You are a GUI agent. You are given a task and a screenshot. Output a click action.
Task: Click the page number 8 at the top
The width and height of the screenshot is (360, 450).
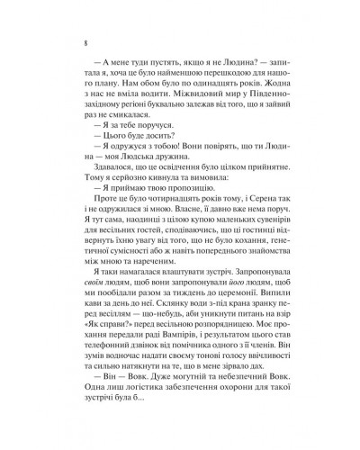(x=71, y=40)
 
